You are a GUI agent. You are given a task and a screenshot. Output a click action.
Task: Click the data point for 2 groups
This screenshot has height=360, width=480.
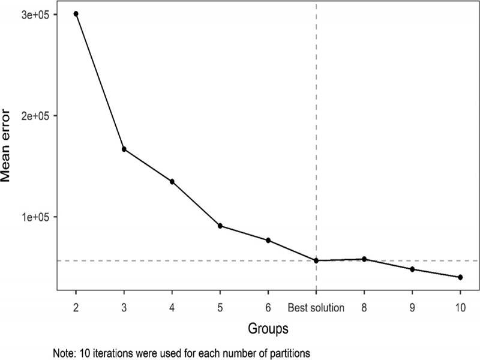click(x=76, y=14)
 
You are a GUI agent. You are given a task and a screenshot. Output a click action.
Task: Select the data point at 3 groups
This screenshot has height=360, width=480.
click(x=124, y=149)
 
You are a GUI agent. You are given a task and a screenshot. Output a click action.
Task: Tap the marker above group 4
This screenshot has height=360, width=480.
click(x=172, y=181)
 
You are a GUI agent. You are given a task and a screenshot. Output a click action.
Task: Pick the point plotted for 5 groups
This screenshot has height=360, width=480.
click(x=220, y=226)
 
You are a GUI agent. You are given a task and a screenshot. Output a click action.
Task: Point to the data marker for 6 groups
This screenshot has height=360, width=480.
click(x=268, y=241)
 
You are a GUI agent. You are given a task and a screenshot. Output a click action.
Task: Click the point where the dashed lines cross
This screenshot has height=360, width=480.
click(x=316, y=260)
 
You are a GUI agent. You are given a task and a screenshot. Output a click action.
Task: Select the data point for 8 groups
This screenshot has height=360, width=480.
click(x=364, y=259)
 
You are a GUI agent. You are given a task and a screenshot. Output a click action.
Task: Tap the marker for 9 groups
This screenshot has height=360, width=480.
click(x=412, y=269)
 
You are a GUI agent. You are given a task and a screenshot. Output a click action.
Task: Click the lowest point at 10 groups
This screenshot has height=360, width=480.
click(x=460, y=277)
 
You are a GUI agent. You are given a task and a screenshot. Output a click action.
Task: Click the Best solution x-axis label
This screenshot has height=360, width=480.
click(x=316, y=308)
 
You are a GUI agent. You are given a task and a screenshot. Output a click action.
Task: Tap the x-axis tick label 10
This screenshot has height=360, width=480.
click(x=460, y=308)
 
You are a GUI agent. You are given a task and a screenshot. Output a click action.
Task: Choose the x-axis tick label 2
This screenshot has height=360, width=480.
click(x=76, y=308)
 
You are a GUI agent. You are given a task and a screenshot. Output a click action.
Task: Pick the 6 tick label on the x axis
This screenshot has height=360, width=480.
click(x=268, y=308)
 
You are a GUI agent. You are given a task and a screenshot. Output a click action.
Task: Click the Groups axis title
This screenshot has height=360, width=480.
click(x=268, y=329)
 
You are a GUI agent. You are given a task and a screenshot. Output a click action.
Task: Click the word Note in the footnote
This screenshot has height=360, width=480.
click(x=63, y=352)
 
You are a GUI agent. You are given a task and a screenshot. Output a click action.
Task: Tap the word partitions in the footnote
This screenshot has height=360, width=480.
click(x=290, y=352)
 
